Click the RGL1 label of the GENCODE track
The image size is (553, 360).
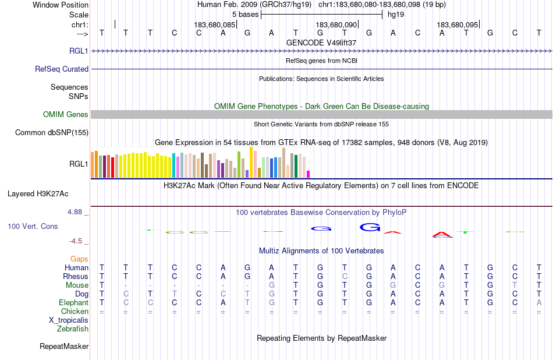[79, 51]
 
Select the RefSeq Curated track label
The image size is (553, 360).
[62, 69]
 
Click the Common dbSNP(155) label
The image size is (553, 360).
[51, 133]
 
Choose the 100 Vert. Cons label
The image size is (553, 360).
[33, 226]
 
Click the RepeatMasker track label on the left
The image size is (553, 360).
[64, 347]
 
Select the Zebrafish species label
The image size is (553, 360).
[73, 329]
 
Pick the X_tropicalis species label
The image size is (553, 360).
[69, 320]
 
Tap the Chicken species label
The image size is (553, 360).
[75, 312]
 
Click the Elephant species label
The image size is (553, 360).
[73, 303]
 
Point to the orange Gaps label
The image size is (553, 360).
[79, 259]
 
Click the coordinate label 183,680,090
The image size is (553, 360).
[336, 25]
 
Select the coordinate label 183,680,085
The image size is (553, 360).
[215, 25]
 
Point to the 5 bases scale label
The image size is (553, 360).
[245, 14]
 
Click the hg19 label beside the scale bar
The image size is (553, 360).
[396, 14]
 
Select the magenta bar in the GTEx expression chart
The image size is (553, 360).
[308, 174]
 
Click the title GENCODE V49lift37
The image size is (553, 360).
[321, 43]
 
